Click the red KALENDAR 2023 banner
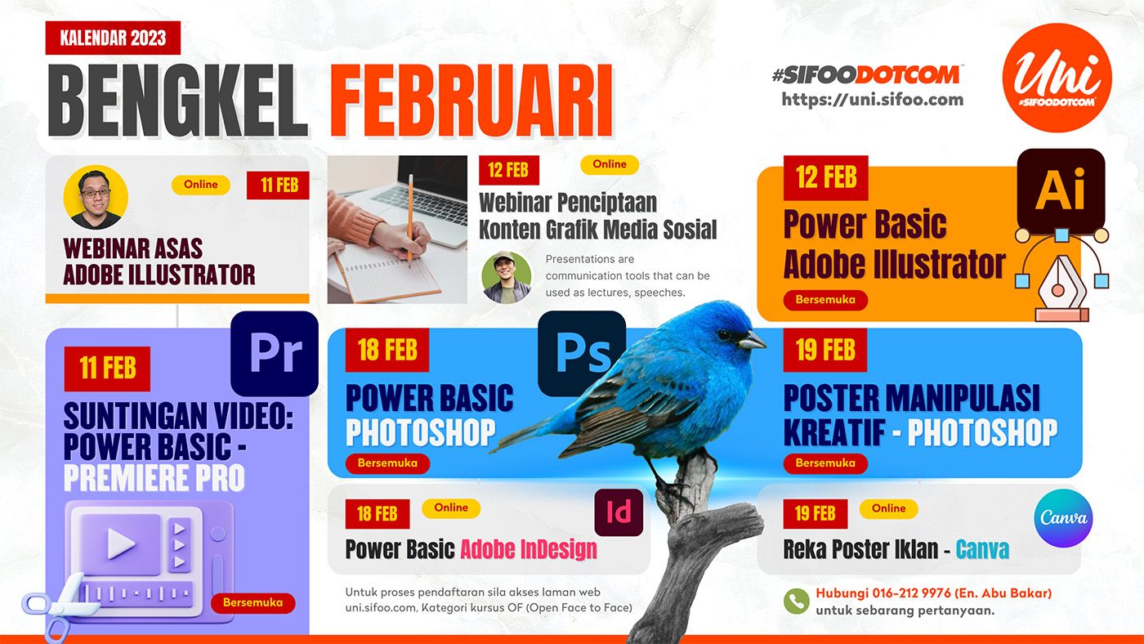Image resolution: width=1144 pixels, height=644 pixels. [113, 38]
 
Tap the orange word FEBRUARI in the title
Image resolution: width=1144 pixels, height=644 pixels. [471, 101]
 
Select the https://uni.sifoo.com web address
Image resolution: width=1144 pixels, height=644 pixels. [873, 99]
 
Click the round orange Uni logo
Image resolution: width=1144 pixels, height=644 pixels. [1057, 78]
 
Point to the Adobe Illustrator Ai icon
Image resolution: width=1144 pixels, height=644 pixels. [1061, 190]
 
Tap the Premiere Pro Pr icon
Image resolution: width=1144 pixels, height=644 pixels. [275, 353]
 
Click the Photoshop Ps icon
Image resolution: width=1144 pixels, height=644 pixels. [582, 353]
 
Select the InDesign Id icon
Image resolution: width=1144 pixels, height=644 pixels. [619, 512]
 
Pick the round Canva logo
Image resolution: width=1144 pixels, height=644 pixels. [1063, 518]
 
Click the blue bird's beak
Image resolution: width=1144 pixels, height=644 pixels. [752, 340]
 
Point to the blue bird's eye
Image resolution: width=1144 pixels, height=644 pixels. [724, 335]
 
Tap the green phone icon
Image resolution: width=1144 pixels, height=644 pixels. [796, 602]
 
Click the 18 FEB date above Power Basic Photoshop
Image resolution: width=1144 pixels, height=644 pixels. [387, 350]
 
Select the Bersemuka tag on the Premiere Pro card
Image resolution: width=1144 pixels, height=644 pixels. [252, 602]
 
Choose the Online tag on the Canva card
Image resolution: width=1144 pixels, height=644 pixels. [889, 508]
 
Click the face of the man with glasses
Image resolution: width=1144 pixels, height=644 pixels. [96, 194]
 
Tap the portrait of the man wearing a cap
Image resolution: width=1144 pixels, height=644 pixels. [506, 277]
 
